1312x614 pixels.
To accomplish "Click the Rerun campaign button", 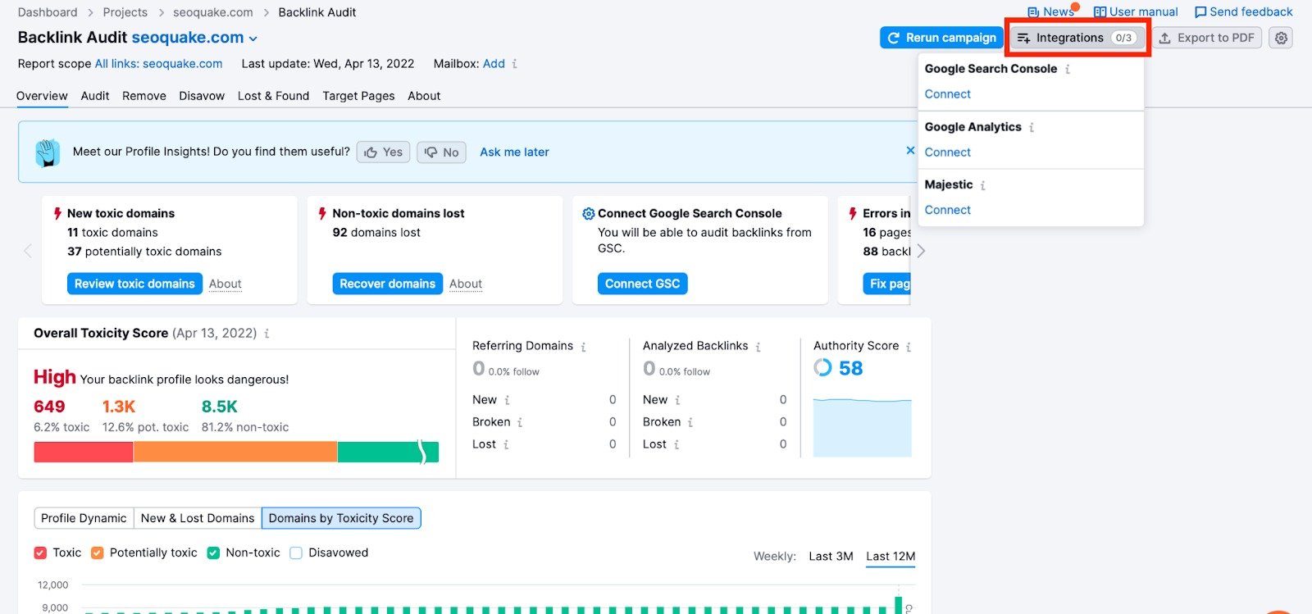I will tap(942, 38).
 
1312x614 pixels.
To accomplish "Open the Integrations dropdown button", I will tap(1077, 38).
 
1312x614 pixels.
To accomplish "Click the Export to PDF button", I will tap(1207, 38).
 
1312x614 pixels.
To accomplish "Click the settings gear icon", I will tap(1281, 38).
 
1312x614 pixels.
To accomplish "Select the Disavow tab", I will tap(202, 96).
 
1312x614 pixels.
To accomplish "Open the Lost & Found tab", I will tap(273, 96).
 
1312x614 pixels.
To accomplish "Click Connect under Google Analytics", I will tap(947, 152).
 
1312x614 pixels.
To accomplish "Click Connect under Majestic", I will tap(947, 210).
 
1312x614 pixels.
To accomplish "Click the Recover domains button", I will tap(387, 284).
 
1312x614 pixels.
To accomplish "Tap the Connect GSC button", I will tap(642, 284).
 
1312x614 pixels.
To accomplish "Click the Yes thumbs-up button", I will tap(383, 152).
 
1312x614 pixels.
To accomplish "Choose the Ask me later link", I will tap(514, 152).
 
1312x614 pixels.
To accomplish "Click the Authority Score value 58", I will tap(850, 369).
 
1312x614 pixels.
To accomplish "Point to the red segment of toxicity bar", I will tap(83, 452).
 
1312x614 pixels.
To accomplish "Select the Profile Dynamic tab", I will tap(84, 518).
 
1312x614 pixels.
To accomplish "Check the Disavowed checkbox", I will tap(296, 553).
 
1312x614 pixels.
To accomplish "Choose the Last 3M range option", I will tap(831, 557).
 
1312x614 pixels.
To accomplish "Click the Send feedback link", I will tap(1243, 12).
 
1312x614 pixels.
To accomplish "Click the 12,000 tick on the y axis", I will tap(53, 585).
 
